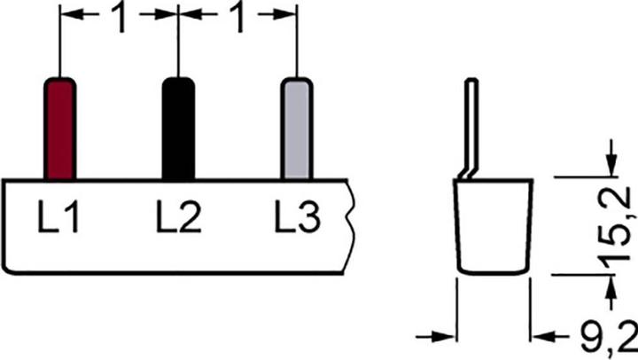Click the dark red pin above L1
coord(60,129)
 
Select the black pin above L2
coord(178,129)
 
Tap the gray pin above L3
coord(297,129)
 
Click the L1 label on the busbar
coord(58,216)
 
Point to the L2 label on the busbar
coord(178,216)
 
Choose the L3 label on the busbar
coord(298,216)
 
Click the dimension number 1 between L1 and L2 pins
coord(120,18)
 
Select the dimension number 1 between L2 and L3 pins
coord(237,18)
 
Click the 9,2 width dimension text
coord(609,336)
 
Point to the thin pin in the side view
coord(471,129)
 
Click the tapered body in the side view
coord(494,226)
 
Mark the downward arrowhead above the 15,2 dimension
coord(611,166)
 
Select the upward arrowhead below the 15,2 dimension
coord(611,286)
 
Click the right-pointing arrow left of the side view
coord(435,337)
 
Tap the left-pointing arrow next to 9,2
coord(550,337)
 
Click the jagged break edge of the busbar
coord(349,226)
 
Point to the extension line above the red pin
coord(60,41)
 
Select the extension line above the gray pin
coord(297,41)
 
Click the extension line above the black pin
coord(178,41)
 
